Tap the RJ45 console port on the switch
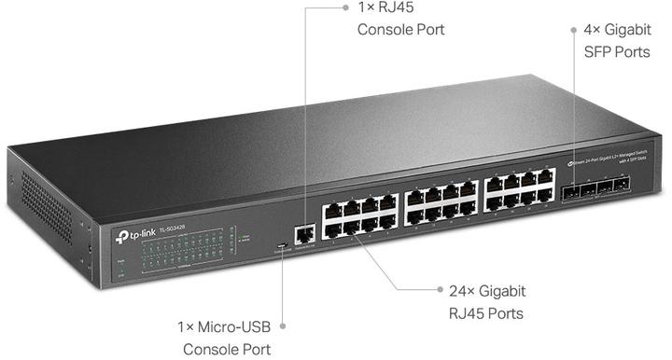click(304, 235)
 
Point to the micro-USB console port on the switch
click(281, 247)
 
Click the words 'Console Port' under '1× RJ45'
click(401, 30)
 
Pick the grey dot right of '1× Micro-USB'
click(281, 326)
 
